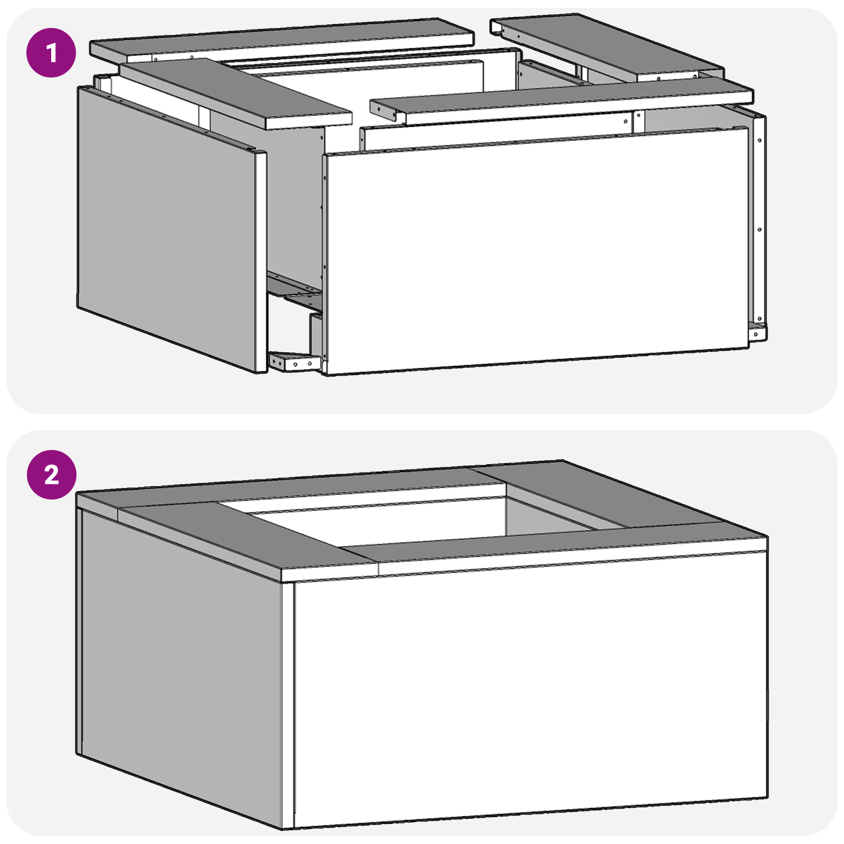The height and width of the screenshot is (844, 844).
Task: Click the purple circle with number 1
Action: tap(51, 53)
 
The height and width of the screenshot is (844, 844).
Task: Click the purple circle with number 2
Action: tap(51, 475)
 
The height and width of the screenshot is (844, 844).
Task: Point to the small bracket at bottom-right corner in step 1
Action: tap(756, 332)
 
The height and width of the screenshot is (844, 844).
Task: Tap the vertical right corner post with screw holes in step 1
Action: tap(759, 222)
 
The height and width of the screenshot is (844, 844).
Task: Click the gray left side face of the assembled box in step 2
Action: tap(179, 665)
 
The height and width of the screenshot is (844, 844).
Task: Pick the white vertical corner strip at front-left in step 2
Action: tap(287, 702)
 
